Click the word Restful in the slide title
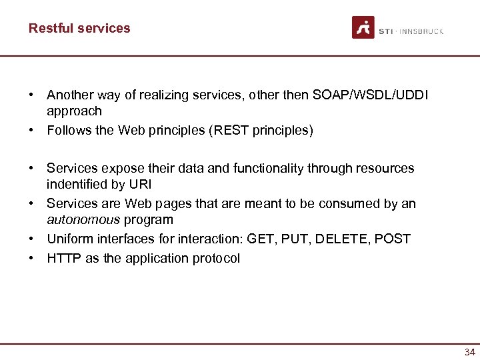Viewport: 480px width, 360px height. click(x=51, y=28)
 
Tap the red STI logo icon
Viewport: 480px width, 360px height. click(x=363, y=27)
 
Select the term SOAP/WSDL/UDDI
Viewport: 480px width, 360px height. click(x=370, y=95)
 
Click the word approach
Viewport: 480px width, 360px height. click(x=74, y=111)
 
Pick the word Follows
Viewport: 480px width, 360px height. click(x=69, y=130)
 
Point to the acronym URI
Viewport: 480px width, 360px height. click(x=139, y=185)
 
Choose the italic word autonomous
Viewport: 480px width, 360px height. click(x=83, y=219)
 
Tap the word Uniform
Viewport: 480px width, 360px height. click(x=69, y=239)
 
